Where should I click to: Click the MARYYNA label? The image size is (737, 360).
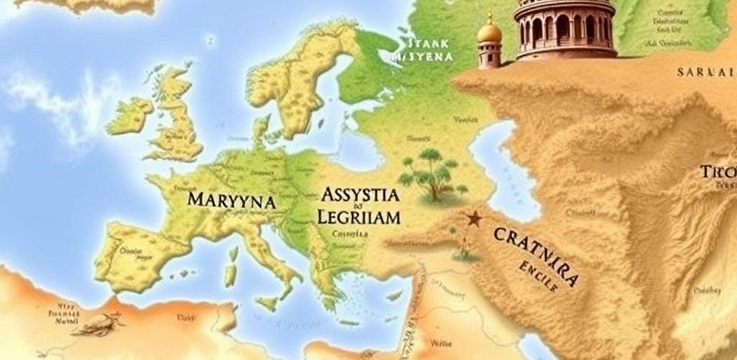coord(230,200)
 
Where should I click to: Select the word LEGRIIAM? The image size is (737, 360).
coord(358,215)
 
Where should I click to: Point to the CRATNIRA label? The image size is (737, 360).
coord(535,251)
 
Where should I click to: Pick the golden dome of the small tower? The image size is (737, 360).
coord(489,32)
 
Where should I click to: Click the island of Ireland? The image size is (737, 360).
coord(130,115)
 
